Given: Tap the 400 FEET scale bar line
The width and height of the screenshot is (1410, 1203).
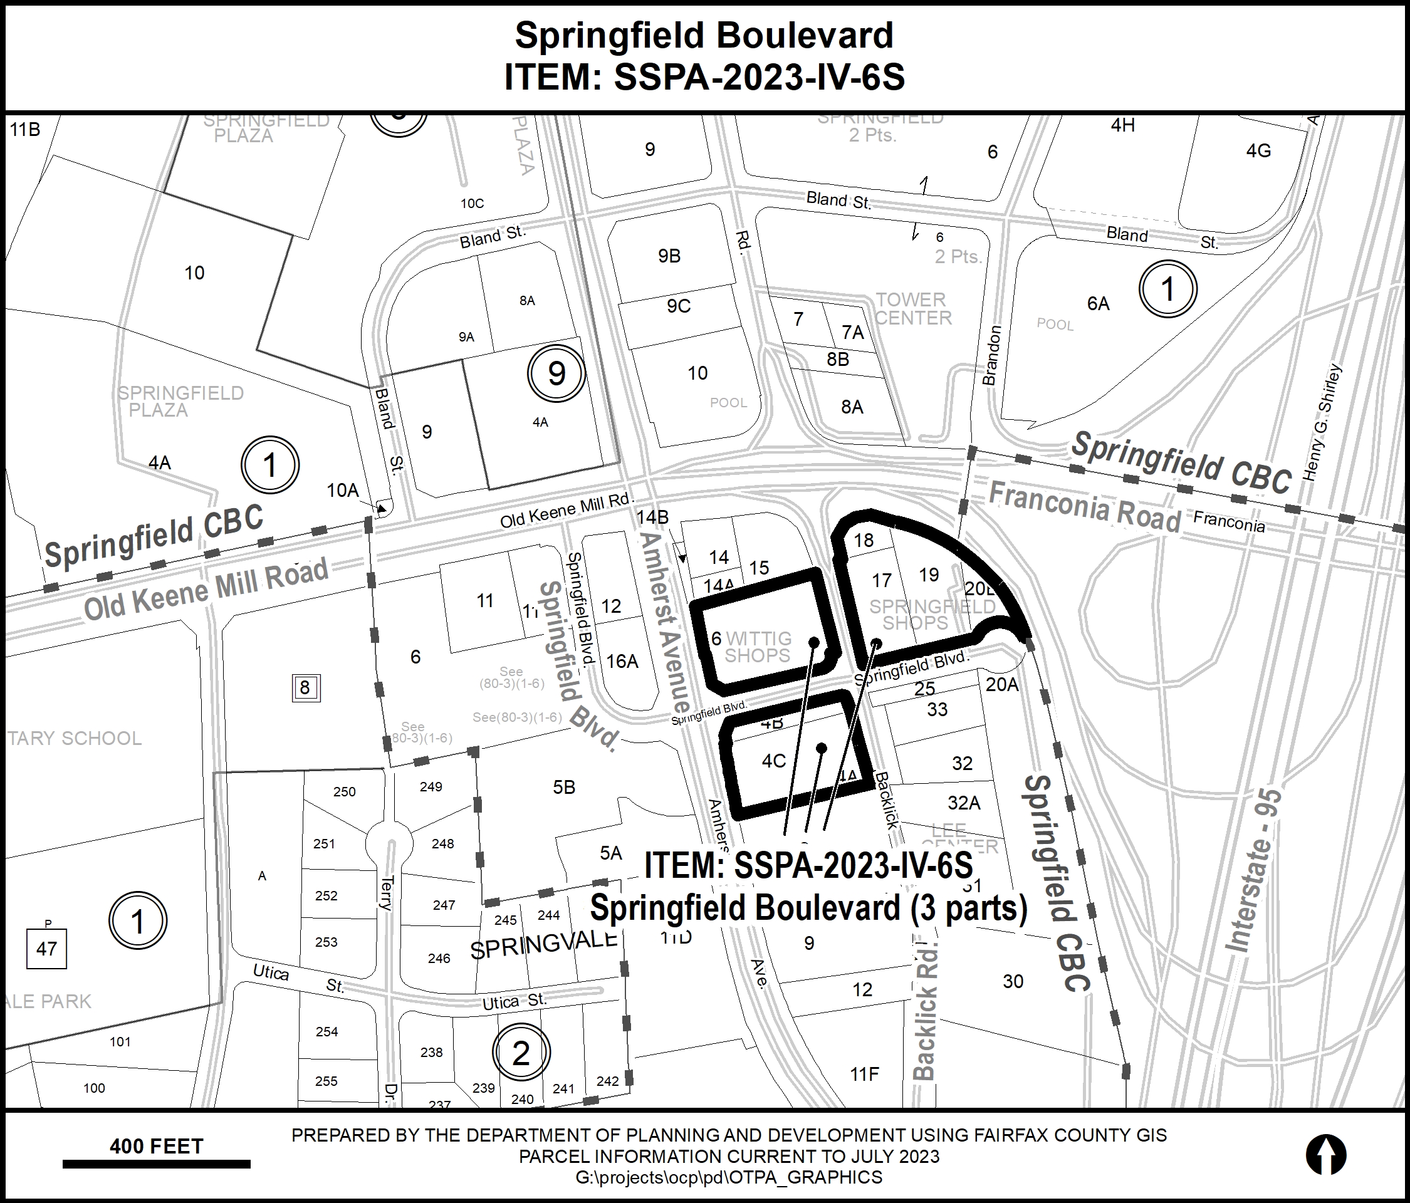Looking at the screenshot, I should point(156,1164).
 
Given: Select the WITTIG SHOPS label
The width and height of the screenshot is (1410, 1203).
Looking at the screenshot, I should point(758,647).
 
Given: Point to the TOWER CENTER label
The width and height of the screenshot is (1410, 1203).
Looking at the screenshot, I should point(912,309).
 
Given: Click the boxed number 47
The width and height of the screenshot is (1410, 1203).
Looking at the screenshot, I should point(46,949).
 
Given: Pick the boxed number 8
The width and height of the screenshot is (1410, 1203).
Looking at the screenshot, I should point(305,688).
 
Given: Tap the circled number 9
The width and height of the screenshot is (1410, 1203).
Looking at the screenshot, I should point(556,373).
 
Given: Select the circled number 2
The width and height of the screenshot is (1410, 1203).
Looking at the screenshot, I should point(521,1054).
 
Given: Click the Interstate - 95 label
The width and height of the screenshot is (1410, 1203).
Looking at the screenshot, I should point(1253,871).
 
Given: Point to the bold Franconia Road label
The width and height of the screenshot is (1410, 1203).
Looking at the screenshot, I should point(1085,507).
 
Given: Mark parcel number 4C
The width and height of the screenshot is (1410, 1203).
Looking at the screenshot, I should point(774,761).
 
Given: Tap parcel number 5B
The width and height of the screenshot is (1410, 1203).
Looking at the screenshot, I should point(564,787).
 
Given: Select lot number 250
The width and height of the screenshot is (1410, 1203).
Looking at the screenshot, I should point(344,791).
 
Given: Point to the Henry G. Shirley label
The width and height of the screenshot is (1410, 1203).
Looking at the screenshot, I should point(1322,422).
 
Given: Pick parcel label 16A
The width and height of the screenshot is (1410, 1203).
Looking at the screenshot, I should point(622,662).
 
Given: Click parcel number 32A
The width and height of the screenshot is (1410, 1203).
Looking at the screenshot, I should point(964,803).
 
